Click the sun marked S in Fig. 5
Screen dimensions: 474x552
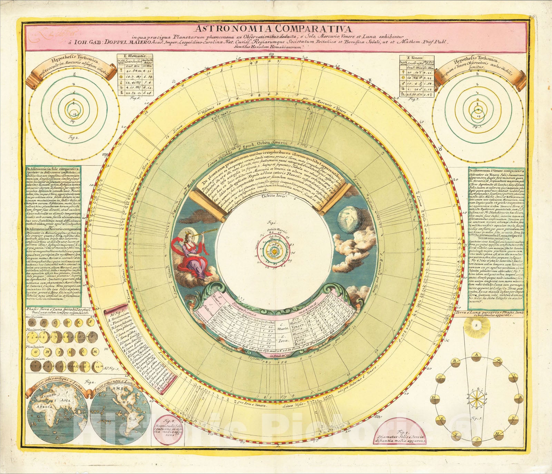[477, 326]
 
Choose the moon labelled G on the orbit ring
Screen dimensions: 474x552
[477, 439]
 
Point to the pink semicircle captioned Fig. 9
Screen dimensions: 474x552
[400, 436]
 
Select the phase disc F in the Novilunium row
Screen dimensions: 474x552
[91, 323]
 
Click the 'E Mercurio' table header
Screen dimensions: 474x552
[137, 56]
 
